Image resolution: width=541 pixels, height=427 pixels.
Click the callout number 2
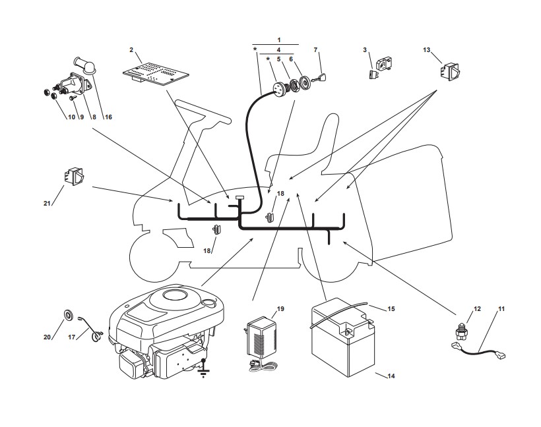coord(132,50)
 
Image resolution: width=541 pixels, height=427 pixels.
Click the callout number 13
coord(427,50)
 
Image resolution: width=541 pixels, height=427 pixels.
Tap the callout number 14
coord(391,376)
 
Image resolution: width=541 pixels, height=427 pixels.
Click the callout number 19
coord(280,308)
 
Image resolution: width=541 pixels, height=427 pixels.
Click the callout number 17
coord(71,337)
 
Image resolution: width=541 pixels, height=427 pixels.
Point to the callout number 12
coord(477,308)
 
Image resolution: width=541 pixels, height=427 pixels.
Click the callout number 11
coord(501,308)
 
